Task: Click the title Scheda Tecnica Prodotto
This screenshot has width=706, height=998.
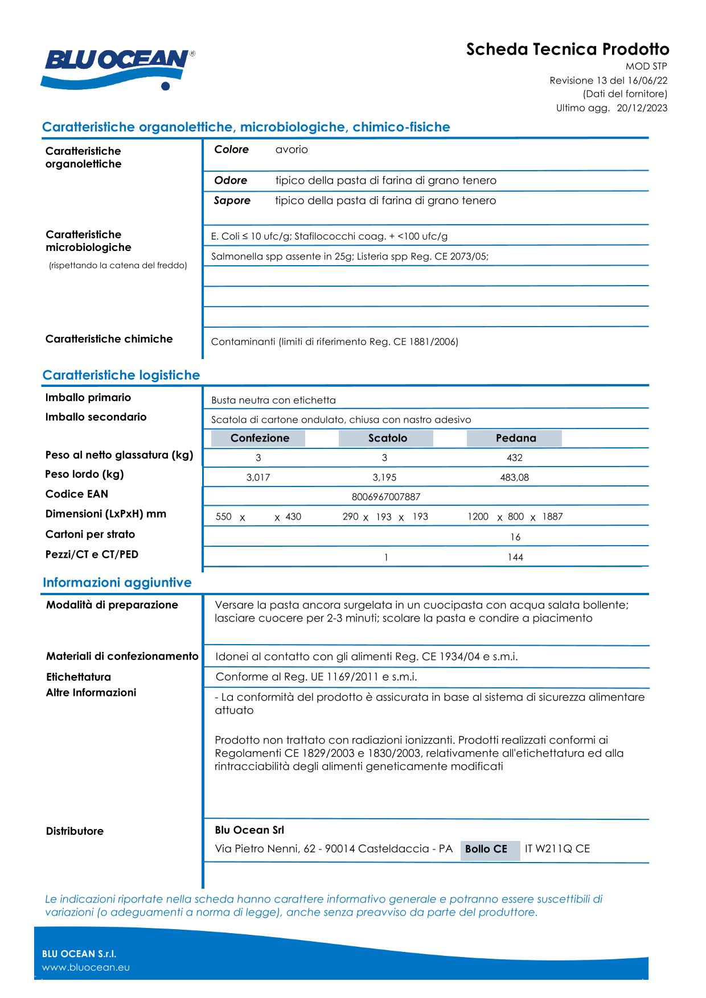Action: [x=567, y=50]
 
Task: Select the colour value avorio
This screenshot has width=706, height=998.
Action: [x=292, y=150]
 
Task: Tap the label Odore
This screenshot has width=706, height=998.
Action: [x=231, y=180]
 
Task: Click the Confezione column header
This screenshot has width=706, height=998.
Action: [x=259, y=438]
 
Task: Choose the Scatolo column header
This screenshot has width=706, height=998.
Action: [x=387, y=438]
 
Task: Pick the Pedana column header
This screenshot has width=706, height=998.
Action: [x=515, y=438]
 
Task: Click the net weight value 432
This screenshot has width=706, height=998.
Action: [x=514, y=458]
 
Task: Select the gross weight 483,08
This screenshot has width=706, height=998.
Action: [x=514, y=478]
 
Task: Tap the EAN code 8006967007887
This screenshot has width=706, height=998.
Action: [x=386, y=497]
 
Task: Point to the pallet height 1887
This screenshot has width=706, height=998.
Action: [x=552, y=517]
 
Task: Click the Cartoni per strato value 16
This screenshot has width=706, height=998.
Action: [x=515, y=537]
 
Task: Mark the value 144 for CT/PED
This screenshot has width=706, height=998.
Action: [x=515, y=558]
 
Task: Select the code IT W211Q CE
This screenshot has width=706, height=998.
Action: [x=557, y=849]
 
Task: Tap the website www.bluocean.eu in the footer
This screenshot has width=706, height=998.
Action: [x=86, y=967]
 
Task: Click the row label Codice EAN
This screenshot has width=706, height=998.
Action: [x=76, y=494]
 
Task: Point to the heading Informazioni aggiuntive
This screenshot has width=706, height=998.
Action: [x=117, y=583]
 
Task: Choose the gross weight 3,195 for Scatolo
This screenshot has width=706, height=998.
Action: [x=384, y=478]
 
